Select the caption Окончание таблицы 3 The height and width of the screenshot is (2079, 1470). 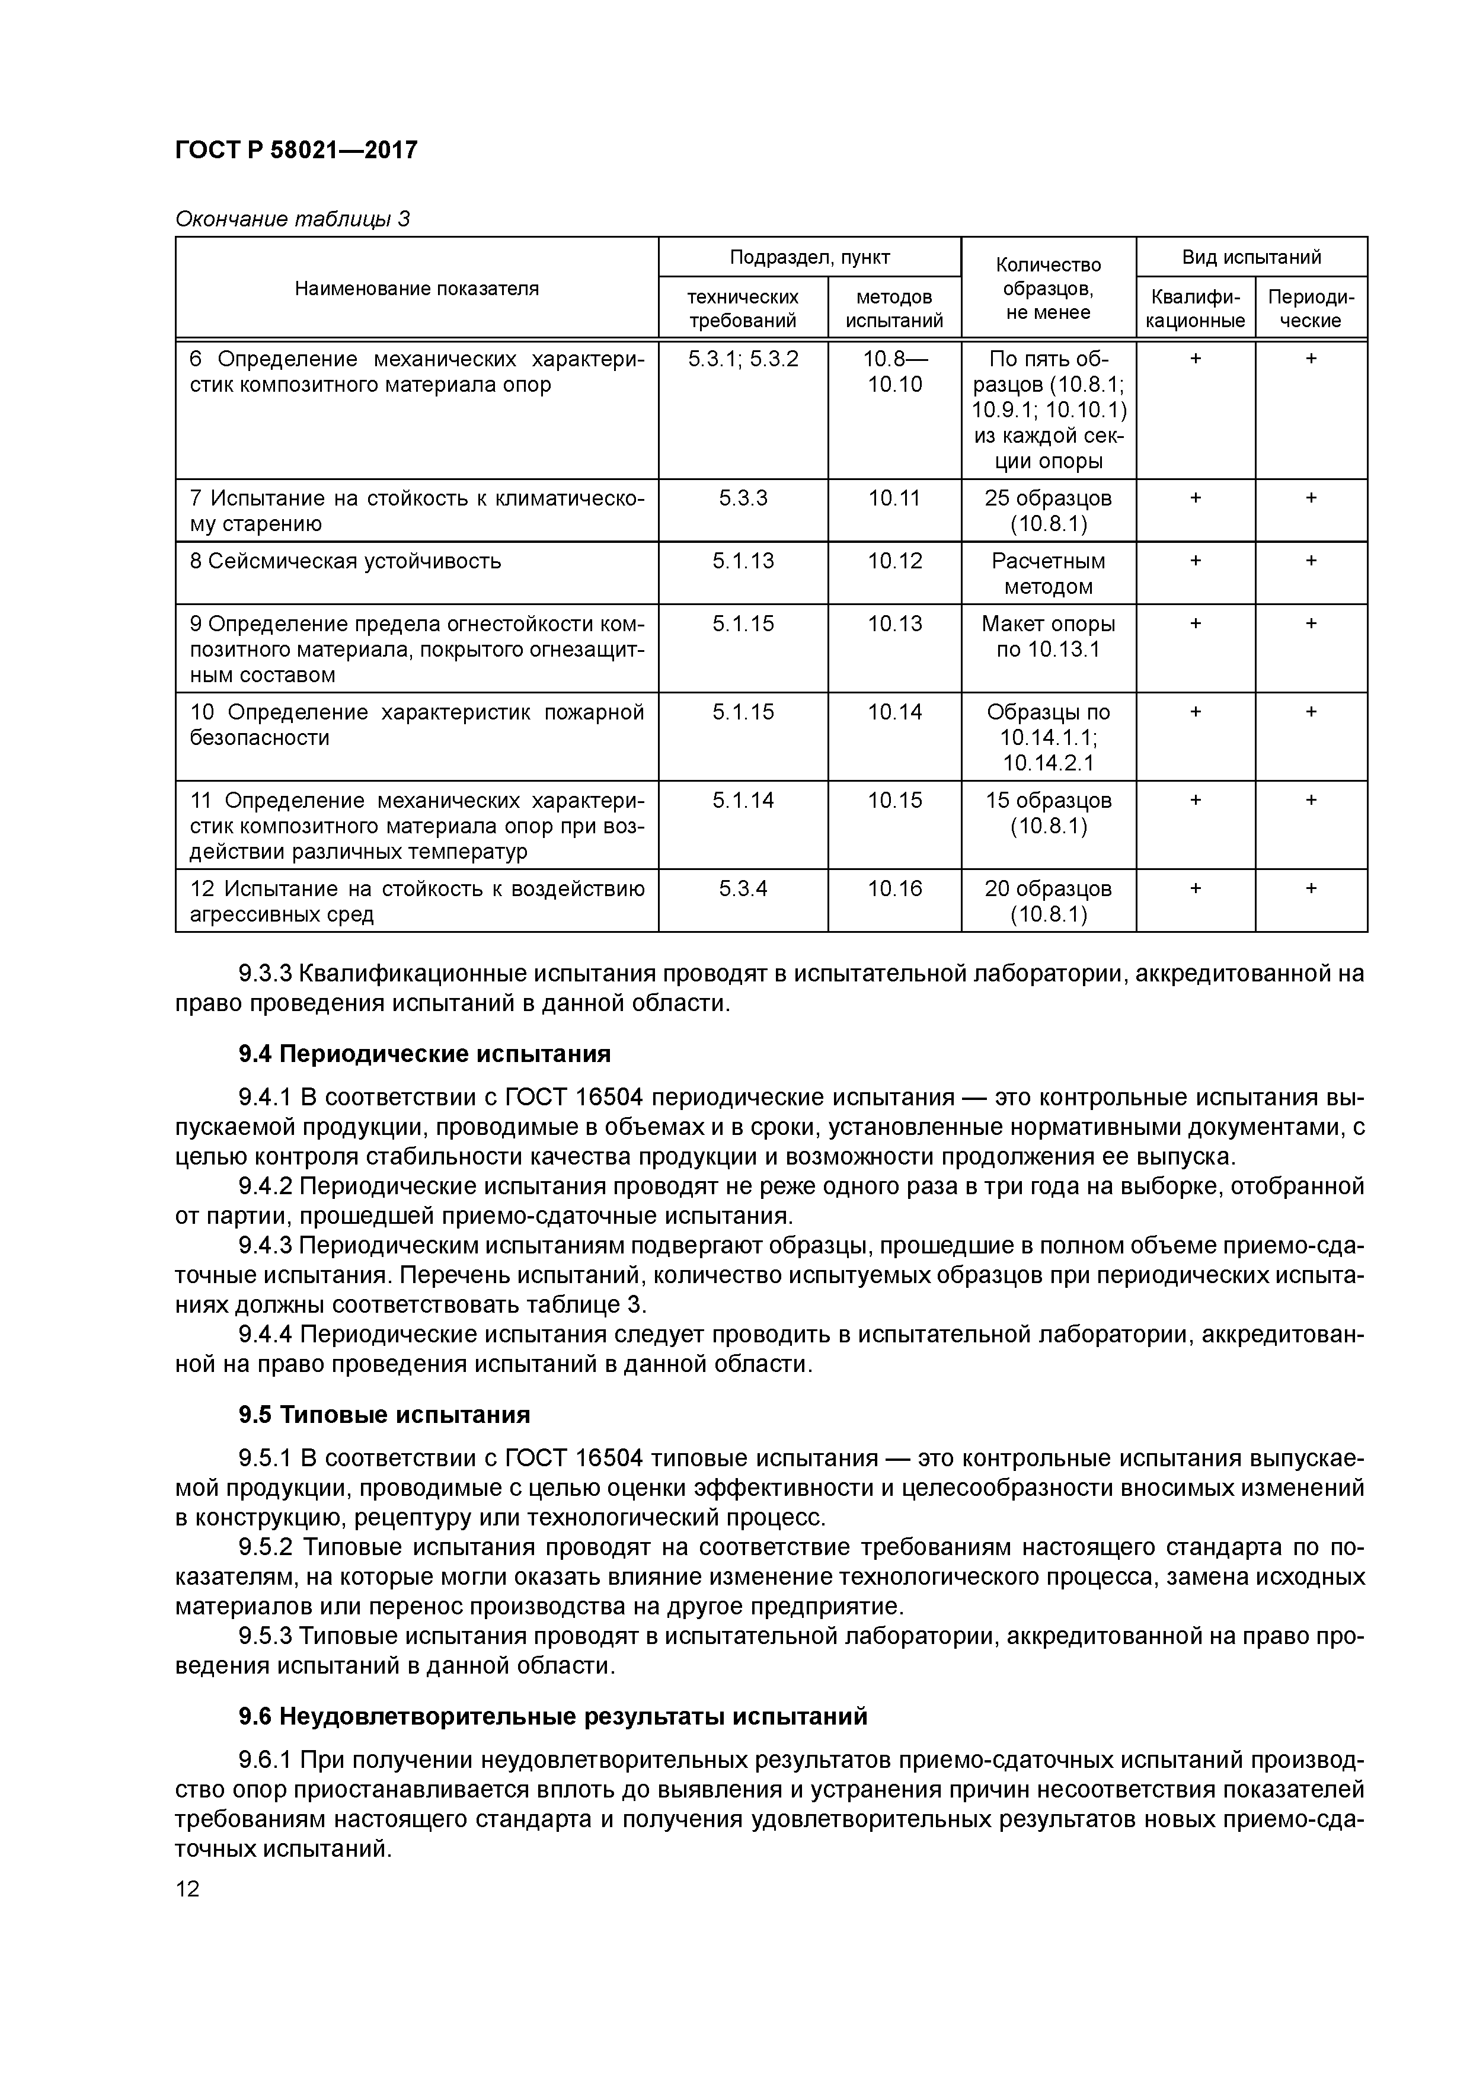coord(292,219)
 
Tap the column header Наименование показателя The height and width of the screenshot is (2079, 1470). coord(417,289)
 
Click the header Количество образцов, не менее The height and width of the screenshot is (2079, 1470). coord(1048,289)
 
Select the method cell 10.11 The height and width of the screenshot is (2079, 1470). coord(894,498)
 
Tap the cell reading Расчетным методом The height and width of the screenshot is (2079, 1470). coord(1048,573)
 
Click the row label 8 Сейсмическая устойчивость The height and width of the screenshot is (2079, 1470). coord(345,561)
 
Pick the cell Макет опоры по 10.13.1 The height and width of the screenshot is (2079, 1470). coord(1048,637)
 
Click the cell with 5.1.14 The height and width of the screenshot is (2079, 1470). coord(743,801)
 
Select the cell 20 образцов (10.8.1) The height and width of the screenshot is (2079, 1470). coord(1048,901)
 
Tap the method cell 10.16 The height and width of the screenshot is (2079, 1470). coord(894,888)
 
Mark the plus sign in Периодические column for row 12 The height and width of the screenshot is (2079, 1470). coord(1311,888)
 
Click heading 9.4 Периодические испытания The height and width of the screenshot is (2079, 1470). coord(424,1054)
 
